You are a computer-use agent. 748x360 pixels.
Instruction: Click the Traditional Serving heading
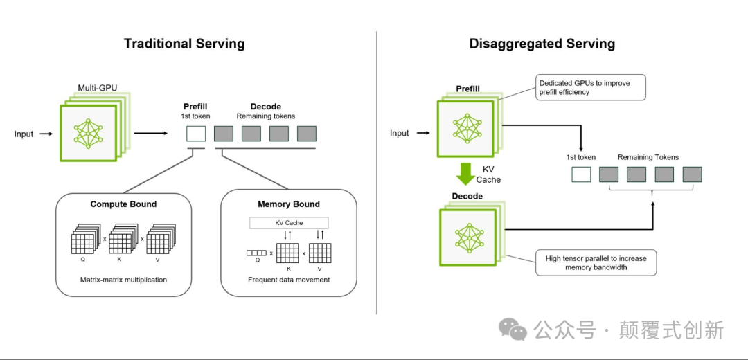184,44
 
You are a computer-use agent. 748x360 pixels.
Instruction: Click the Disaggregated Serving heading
542,44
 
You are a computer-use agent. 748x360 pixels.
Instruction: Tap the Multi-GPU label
98,88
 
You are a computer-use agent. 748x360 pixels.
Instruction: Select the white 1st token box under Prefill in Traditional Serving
196,134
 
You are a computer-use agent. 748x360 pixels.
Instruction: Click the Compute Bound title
123,204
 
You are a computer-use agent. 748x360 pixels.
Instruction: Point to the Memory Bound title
289,204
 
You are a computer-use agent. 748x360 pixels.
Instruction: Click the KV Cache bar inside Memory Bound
289,223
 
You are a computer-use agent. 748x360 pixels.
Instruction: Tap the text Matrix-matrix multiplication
123,280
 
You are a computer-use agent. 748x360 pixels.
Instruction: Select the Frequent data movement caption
289,280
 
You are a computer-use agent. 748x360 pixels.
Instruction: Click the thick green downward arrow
465,174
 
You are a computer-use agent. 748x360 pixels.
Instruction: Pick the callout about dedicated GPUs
591,87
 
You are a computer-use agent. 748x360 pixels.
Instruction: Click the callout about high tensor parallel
596,262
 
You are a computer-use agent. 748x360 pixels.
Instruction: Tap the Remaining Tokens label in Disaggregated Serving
648,157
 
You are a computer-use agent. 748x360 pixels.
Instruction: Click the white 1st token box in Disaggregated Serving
581,174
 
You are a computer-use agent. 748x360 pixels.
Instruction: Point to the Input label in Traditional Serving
24,134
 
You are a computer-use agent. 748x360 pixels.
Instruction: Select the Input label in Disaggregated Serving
400,134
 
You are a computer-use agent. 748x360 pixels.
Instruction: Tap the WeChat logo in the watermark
513,330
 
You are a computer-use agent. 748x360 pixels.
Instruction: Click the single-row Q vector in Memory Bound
256,253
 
